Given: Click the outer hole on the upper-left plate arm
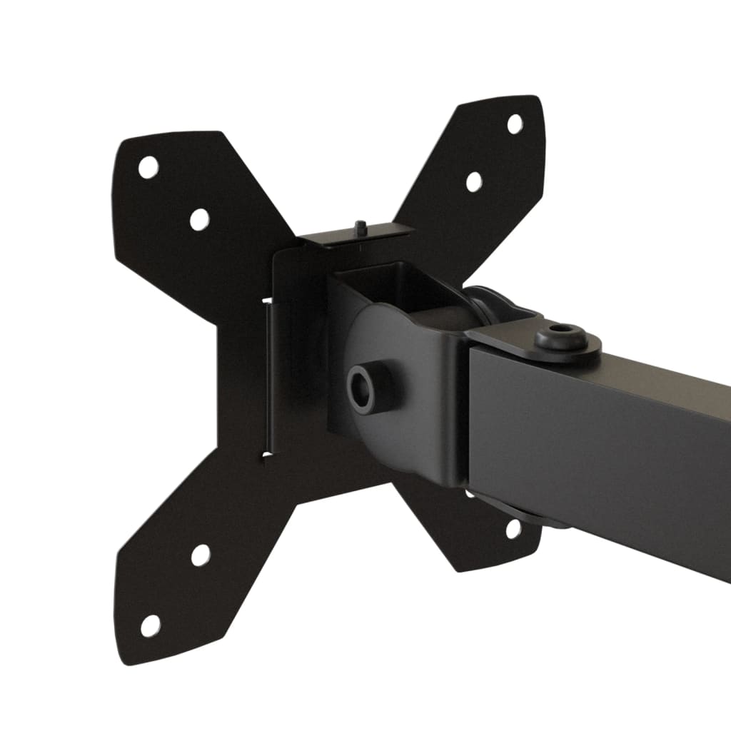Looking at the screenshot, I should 148,168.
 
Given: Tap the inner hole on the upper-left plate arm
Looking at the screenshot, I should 199,218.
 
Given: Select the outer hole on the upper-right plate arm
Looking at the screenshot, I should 514,123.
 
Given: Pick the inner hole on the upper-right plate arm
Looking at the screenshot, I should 474,181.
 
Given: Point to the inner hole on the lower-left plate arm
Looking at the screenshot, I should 201,555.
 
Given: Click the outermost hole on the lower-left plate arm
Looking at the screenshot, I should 150,625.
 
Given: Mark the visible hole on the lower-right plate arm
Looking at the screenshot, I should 513,528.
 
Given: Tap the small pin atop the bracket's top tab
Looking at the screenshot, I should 361,227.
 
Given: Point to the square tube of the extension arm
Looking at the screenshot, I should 607,443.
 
